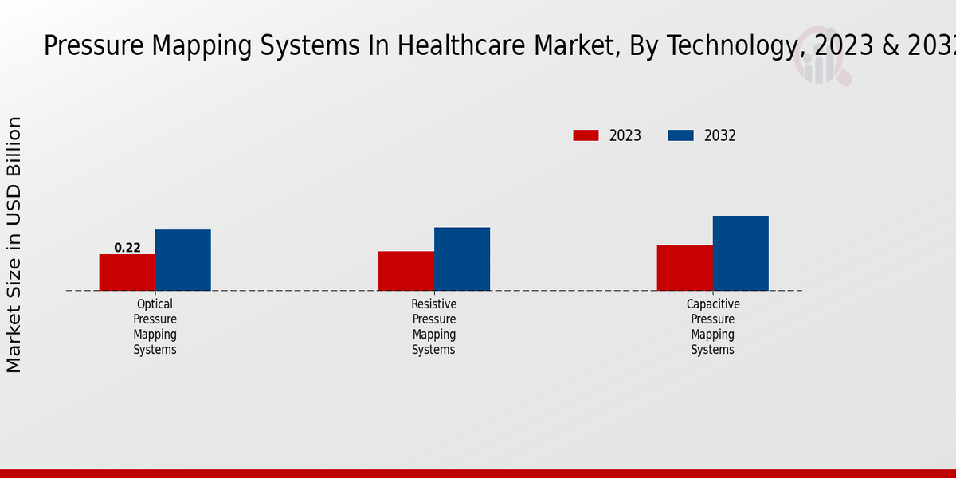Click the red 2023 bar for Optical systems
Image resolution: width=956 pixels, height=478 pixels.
[x=127, y=272]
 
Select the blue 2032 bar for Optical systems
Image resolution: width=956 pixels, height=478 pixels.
[x=182, y=261]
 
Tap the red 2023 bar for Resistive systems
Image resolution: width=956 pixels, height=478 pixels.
[x=406, y=271]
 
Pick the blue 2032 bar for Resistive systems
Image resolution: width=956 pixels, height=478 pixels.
[x=461, y=259]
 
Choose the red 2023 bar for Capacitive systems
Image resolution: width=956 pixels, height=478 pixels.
[x=684, y=268]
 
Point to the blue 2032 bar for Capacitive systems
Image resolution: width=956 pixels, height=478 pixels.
[x=740, y=253]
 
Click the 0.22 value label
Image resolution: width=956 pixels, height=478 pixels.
[x=127, y=248]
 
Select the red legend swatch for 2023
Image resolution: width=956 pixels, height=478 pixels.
[x=586, y=135]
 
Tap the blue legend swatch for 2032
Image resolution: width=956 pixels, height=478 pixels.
[x=680, y=135]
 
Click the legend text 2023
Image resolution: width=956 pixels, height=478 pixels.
[x=625, y=135]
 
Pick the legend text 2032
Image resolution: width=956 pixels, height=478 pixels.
[x=719, y=135]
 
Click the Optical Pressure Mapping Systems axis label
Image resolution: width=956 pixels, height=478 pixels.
[x=155, y=327]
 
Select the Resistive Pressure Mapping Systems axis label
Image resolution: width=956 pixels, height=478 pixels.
[x=433, y=327]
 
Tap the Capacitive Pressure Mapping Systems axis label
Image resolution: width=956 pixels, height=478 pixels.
[x=712, y=327]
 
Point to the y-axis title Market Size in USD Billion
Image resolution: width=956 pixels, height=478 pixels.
[x=14, y=245]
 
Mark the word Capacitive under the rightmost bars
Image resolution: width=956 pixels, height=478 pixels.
[x=713, y=304]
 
